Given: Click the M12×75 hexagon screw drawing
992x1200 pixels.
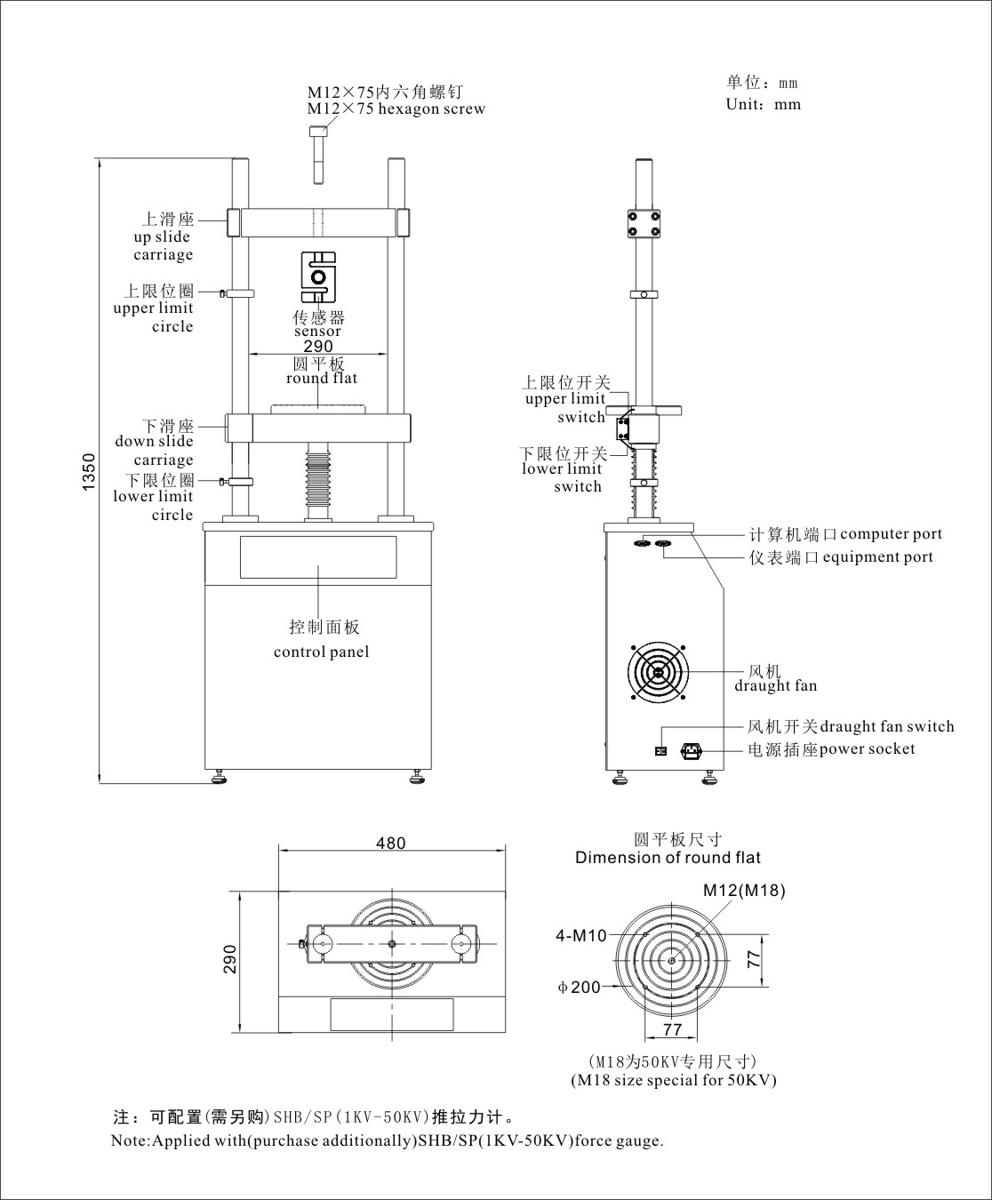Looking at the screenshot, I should tap(318, 155).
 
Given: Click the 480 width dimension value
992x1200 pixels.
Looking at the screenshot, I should tap(391, 843).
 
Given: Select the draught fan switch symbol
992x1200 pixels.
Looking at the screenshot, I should tap(660, 751).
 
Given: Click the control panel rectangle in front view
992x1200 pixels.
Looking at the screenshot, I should tap(317, 558).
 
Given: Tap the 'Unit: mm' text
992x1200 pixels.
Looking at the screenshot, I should tap(763, 105).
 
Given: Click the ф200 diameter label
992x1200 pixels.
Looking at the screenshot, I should tap(580, 987).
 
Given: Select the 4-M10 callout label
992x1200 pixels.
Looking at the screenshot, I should tap(581, 935).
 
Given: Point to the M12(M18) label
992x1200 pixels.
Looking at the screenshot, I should tap(744, 890).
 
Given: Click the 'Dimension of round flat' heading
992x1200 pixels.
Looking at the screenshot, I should tap(668, 858).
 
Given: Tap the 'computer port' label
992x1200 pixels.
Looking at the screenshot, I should tap(891, 534).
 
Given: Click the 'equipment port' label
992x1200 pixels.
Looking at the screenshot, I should tap(877, 557).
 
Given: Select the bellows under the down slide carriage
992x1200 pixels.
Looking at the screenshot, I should tap(317, 480).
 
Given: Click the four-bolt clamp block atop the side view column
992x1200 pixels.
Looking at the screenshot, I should tap(643, 223).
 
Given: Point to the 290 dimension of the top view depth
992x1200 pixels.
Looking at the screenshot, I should tap(230, 960).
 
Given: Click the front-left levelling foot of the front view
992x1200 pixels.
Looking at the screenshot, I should tap(219, 780).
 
